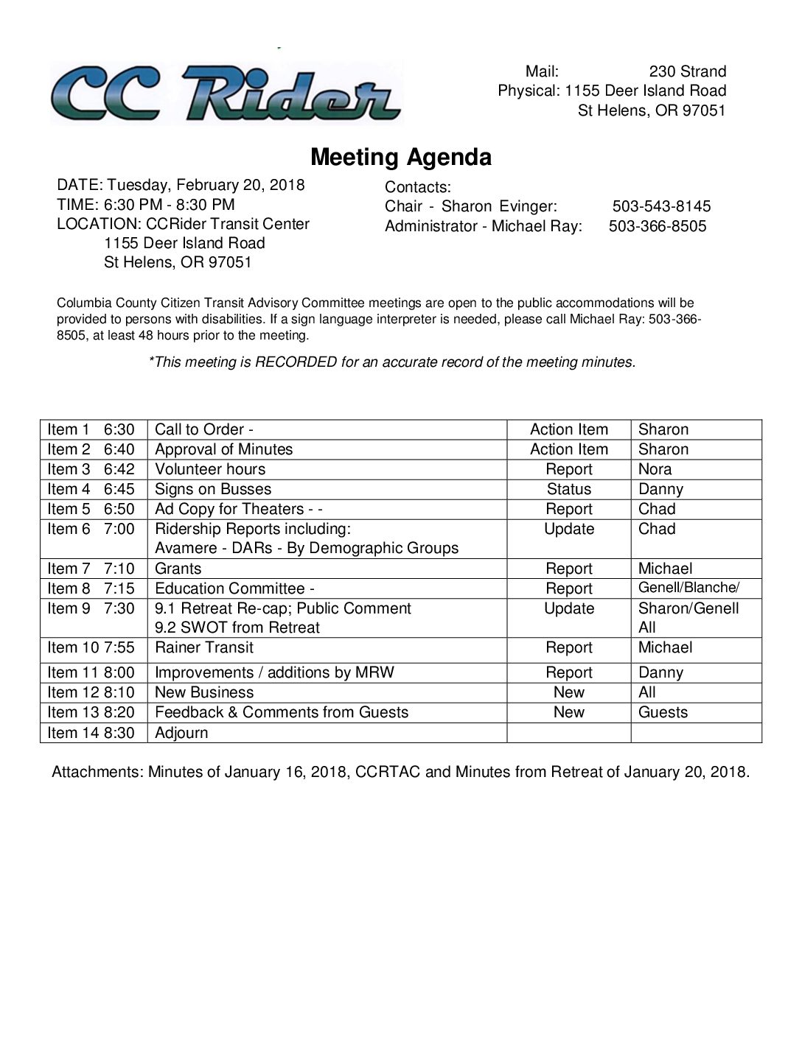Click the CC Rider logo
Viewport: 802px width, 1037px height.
click(x=226, y=94)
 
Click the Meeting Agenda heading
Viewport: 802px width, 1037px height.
click(x=400, y=157)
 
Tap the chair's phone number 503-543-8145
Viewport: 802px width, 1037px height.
click(x=661, y=207)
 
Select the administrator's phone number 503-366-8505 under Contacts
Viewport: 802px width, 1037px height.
click(x=658, y=226)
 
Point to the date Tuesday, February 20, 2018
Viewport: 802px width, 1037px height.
click(x=206, y=185)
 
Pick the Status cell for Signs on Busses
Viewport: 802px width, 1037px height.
click(x=568, y=490)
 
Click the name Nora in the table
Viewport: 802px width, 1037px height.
click(x=655, y=470)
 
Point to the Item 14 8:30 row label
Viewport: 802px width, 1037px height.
click(x=91, y=733)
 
